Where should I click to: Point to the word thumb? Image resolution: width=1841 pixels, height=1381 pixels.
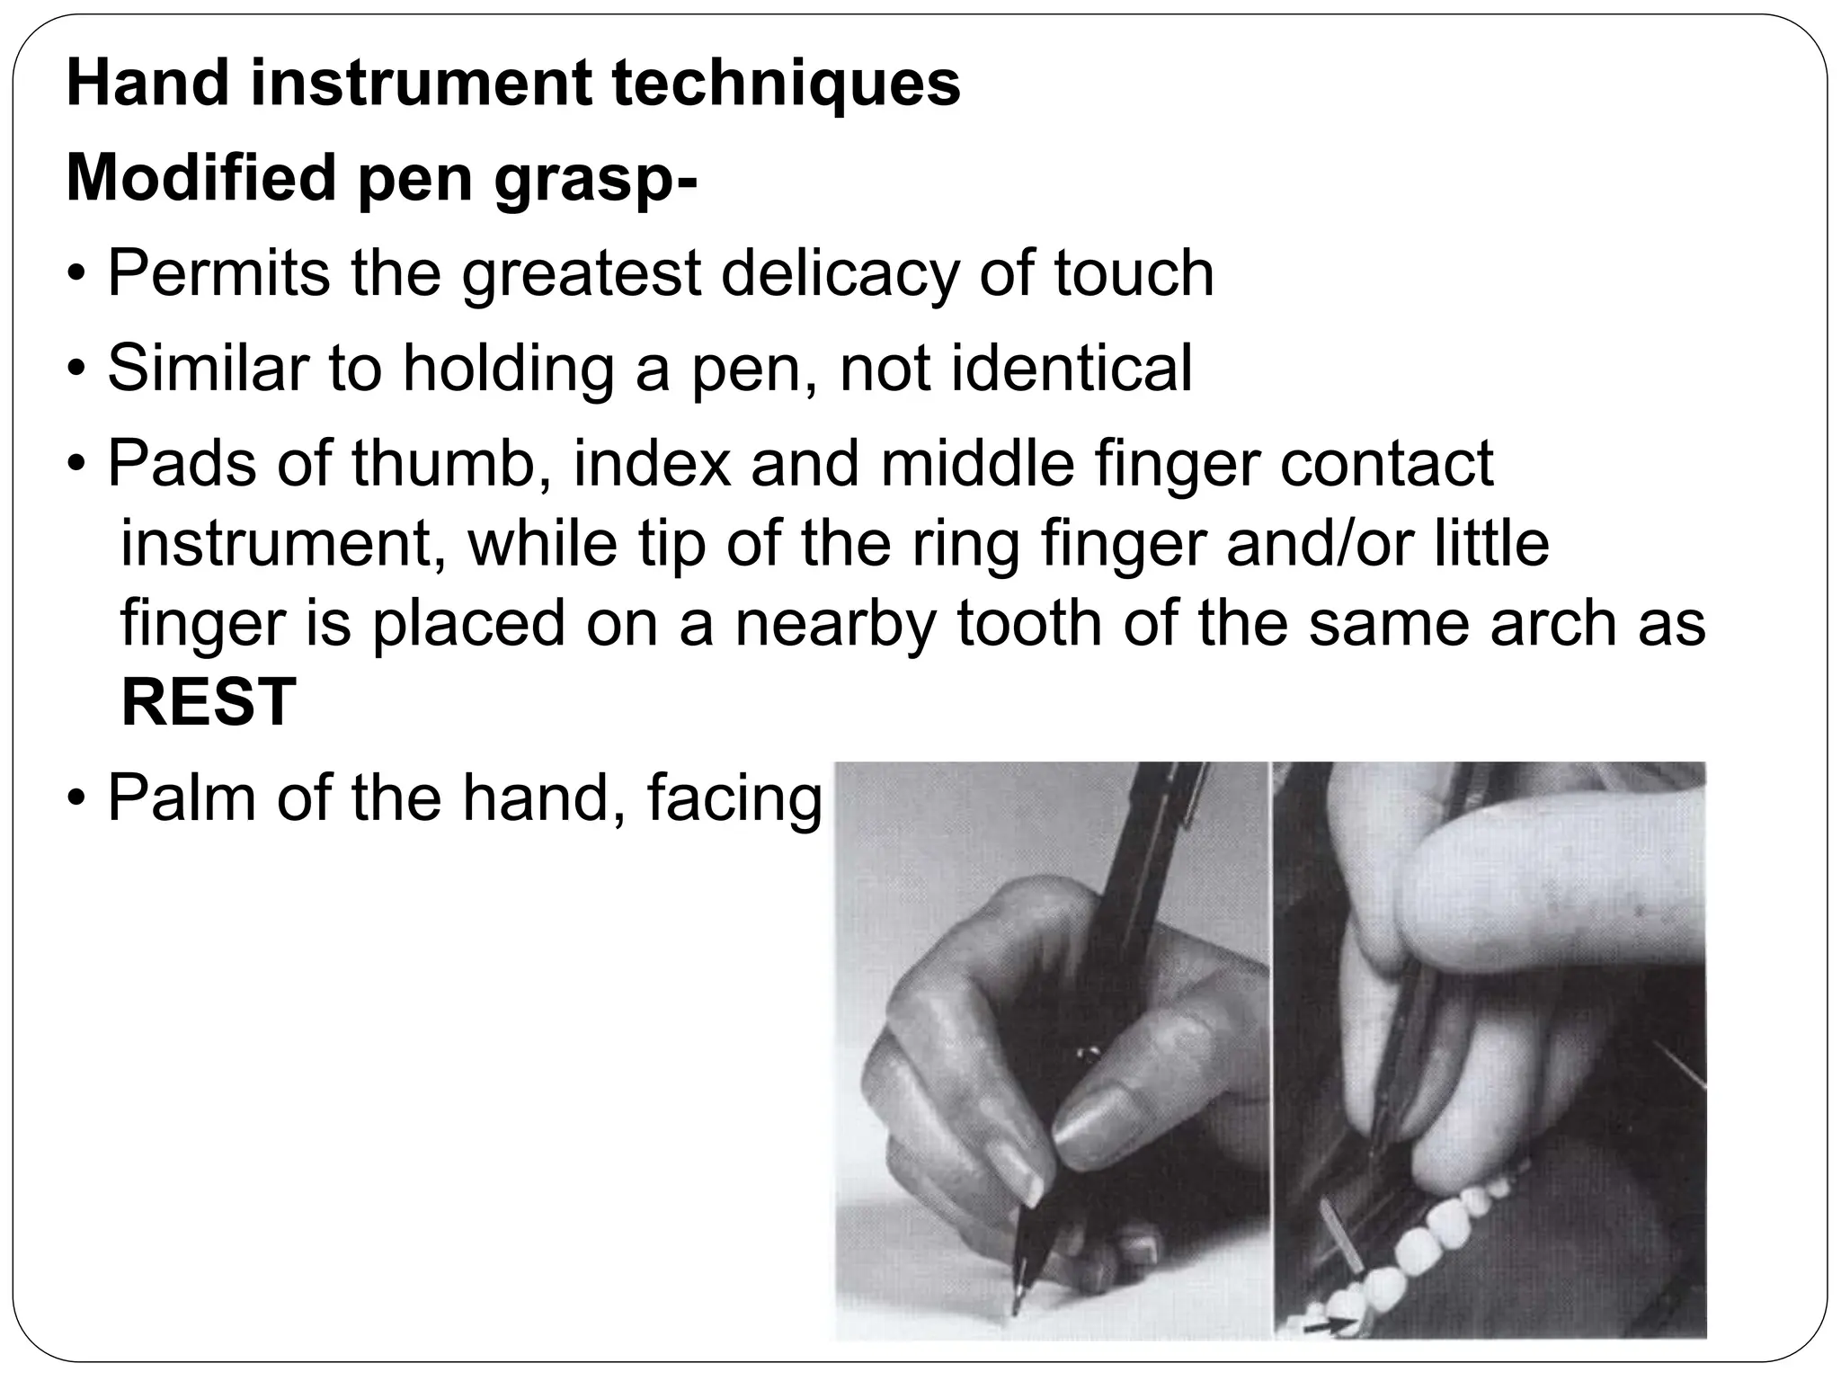[450, 464]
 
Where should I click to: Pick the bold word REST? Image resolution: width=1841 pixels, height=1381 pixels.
[209, 702]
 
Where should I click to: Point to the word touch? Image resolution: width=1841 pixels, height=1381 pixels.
[1134, 273]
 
